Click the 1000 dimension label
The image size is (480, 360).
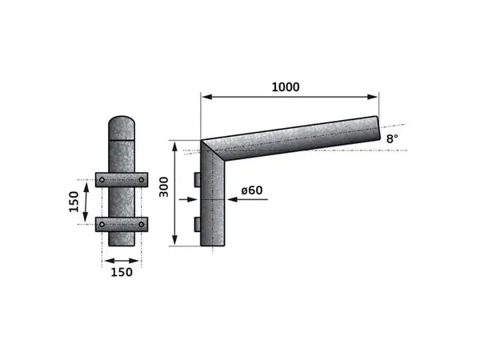285,87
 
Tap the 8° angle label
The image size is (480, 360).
391,139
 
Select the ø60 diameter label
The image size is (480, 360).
251,190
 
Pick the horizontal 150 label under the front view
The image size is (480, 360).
122,273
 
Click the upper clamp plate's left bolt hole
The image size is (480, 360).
102,180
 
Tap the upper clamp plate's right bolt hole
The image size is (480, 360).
141,180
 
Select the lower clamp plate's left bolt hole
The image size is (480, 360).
102,225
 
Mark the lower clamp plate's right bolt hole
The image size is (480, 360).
141,225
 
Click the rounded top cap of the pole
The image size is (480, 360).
122,126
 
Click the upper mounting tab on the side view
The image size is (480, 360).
197,178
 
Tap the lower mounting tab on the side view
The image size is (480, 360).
197,222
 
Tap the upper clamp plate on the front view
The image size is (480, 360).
122,180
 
